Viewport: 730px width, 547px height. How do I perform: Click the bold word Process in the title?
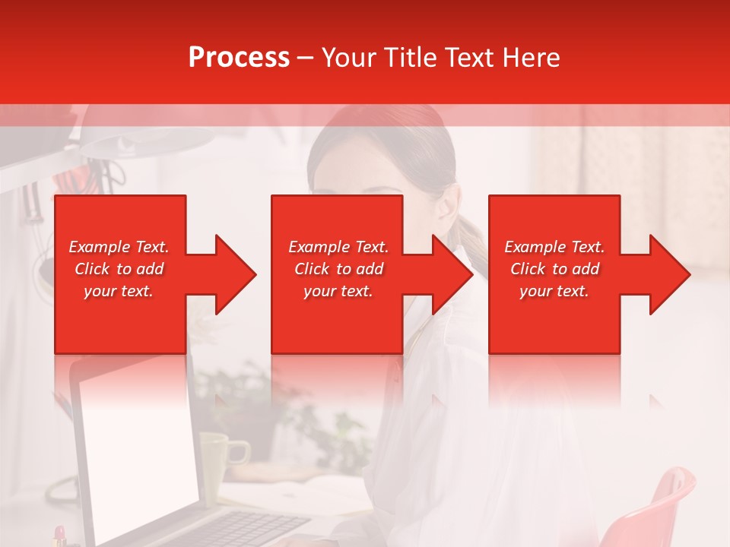[239, 58]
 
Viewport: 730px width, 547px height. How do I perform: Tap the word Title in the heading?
[411, 58]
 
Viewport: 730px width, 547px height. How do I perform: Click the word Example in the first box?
[100, 247]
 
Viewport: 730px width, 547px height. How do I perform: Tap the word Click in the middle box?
[311, 269]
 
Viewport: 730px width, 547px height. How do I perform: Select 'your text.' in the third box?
[554, 291]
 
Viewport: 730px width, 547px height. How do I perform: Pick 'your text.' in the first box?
[119, 291]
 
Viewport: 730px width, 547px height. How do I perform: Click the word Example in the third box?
[535, 247]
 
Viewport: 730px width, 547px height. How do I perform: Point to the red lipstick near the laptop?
[59, 536]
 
